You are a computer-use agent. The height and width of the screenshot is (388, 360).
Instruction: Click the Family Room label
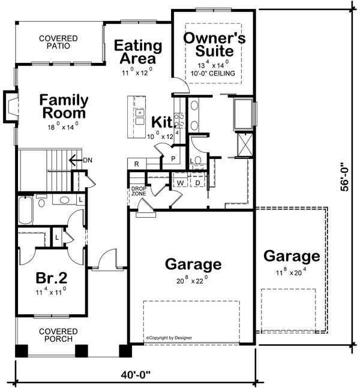tap(64, 106)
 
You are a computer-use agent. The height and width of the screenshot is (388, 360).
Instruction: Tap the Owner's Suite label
tap(214, 44)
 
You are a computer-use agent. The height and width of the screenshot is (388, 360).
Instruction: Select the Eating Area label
tap(138, 52)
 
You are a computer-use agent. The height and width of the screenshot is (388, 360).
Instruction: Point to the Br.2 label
tap(52, 278)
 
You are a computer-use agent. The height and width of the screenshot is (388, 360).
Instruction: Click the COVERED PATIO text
tap(58, 42)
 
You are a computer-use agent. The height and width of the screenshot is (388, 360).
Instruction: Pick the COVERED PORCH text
tap(58, 335)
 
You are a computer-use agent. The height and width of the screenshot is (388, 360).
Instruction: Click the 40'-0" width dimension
tap(136, 374)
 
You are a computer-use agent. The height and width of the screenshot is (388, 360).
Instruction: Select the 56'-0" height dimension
tap(345, 177)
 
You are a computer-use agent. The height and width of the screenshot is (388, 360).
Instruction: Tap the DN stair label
tap(88, 160)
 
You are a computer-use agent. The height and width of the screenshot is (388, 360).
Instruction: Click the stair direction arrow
tap(76, 160)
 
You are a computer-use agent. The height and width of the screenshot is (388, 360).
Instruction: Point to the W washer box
tap(181, 183)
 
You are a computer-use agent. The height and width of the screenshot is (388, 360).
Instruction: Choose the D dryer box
tap(197, 183)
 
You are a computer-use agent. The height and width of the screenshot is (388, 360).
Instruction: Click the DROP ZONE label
tap(139, 191)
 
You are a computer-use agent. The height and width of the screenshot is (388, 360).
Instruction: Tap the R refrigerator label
tap(136, 164)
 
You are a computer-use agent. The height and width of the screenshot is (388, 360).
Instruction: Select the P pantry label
tap(173, 158)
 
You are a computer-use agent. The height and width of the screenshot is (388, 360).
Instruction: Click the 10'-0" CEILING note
tap(212, 73)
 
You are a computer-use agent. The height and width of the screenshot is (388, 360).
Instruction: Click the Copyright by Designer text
tap(169, 338)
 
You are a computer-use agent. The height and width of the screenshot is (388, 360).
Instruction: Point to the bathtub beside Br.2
tap(26, 210)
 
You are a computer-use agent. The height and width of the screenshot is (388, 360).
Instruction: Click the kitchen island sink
tap(140, 117)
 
